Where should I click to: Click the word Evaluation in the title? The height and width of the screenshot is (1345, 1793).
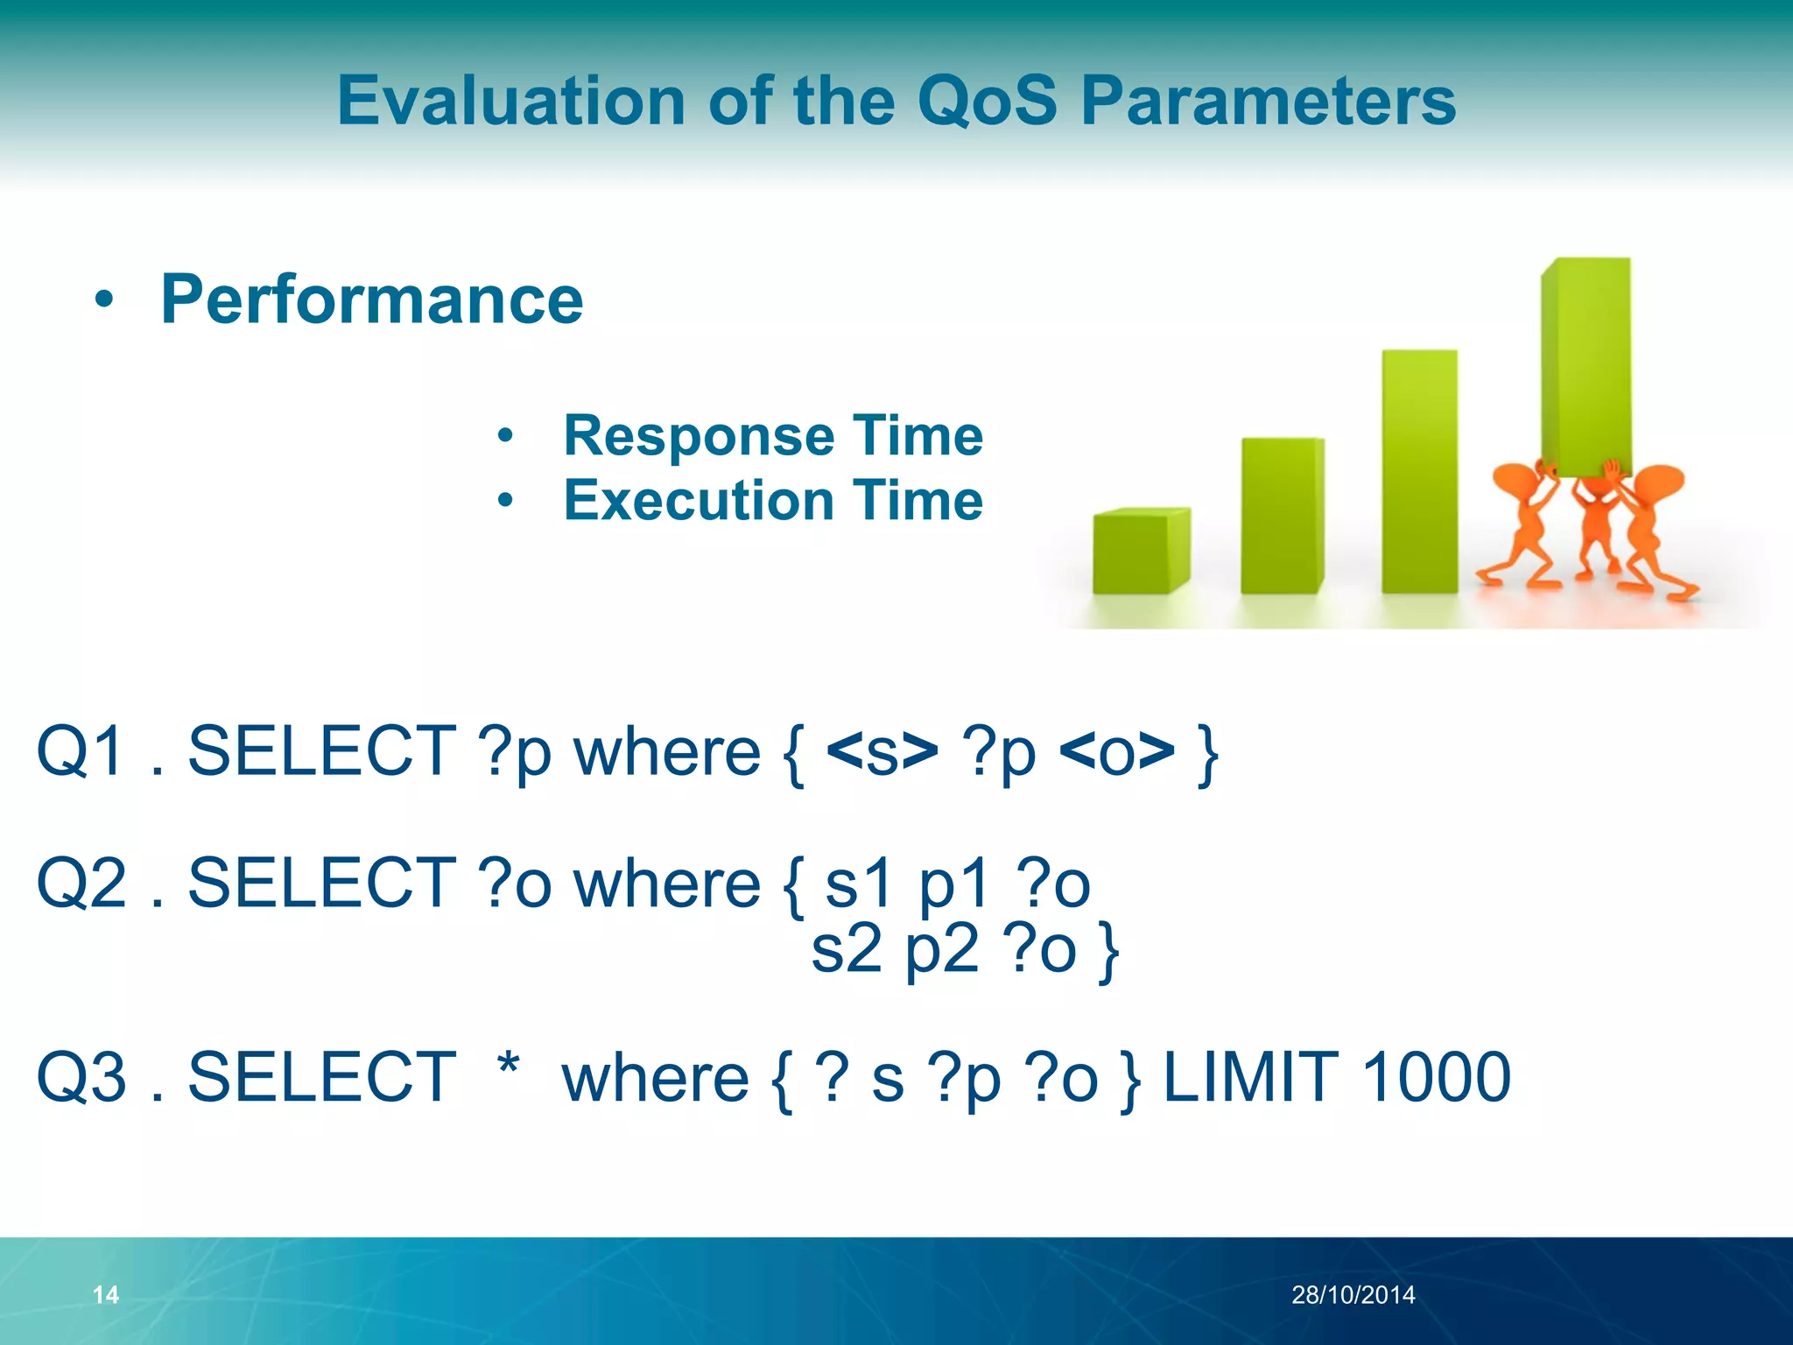512,101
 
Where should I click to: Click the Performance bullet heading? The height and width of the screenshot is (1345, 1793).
371,299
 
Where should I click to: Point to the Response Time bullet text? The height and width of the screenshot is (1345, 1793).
773,435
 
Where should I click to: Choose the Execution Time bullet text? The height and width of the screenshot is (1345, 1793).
773,500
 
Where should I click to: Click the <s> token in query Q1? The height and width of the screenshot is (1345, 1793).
882,751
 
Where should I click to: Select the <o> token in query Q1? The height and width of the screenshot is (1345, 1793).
1116,751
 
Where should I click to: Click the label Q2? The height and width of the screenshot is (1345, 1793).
81,883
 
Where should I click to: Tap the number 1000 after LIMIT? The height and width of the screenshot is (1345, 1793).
1436,1077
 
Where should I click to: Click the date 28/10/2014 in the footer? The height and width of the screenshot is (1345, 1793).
1353,1294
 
